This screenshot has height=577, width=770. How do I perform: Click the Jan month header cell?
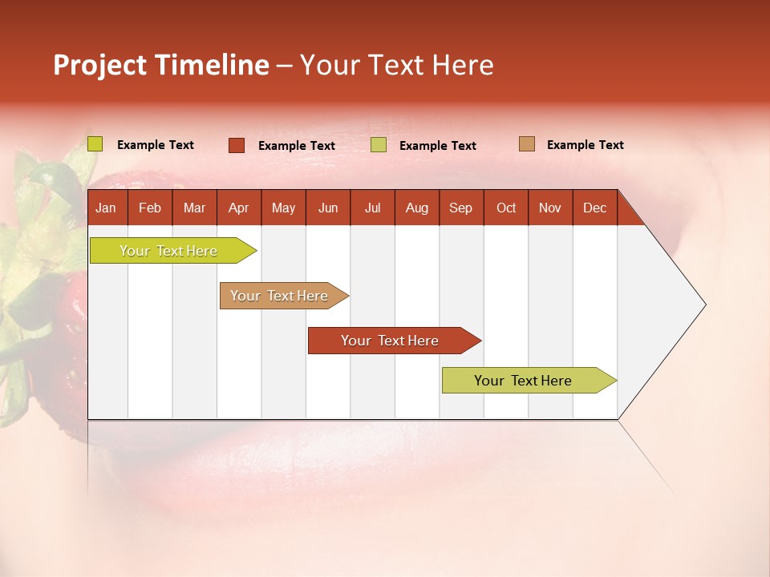click(x=107, y=208)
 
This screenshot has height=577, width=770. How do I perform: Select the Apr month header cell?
click(x=239, y=208)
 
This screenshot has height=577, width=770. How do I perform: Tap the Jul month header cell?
click(x=372, y=208)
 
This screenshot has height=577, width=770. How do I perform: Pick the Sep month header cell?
click(x=461, y=208)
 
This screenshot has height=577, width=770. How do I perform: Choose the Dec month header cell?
click(x=594, y=208)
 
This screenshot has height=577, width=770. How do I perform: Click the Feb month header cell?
click(x=150, y=208)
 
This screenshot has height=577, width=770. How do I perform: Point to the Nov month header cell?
click(x=550, y=208)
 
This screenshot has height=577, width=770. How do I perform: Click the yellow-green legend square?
click(x=95, y=144)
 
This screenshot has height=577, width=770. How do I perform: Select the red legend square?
click(x=237, y=145)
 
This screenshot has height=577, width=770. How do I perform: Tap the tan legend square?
click(x=527, y=144)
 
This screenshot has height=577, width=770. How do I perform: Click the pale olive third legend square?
click(x=379, y=145)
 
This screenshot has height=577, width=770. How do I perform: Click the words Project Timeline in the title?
click(x=161, y=65)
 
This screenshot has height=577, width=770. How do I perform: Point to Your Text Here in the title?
click(x=397, y=65)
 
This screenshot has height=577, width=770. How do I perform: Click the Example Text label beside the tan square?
click(x=585, y=145)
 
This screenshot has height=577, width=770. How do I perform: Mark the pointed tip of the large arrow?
click(x=704, y=305)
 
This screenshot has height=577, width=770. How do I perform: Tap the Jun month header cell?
click(x=328, y=208)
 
